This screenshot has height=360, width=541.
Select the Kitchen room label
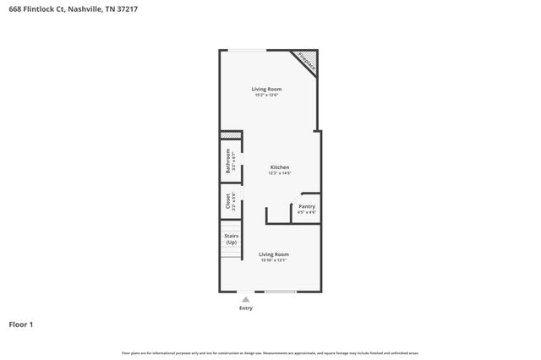280,167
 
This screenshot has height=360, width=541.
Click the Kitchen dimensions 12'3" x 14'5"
280,173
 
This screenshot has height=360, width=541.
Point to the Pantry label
307,206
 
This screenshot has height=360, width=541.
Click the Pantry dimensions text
307,212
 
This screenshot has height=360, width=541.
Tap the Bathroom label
227,161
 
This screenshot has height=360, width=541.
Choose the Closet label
227,201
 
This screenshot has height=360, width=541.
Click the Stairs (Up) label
232,240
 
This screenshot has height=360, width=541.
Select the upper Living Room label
268,89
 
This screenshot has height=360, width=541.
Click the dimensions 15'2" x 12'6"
268,95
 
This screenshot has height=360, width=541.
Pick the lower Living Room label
274,254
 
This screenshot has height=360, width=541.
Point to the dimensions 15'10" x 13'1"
274,260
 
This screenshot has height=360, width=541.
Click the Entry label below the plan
246,308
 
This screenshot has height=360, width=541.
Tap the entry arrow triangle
246,299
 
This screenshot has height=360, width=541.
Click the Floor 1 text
21,324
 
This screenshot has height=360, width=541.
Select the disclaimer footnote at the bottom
270,352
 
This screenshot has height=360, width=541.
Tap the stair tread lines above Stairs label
232,228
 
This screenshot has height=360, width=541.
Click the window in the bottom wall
280,292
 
